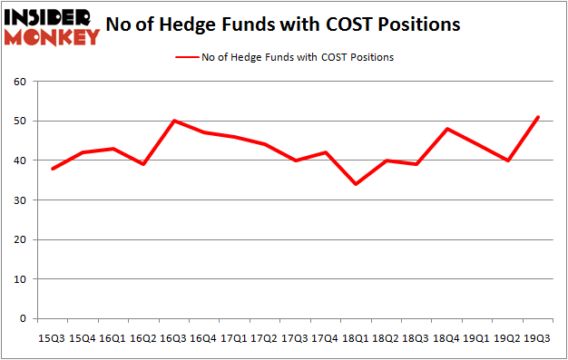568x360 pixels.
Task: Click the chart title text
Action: [x=282, y=24]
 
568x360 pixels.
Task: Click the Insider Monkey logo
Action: [x=52, y=25]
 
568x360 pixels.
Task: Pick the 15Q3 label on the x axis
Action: [x=51, y=338]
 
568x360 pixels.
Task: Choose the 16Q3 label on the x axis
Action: [x=172, y=338]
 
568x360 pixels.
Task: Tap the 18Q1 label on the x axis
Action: [x=356, y=338]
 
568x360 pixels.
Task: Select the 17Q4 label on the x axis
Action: [x=325, y=338]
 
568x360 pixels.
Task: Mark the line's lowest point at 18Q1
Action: [x=356, y=184]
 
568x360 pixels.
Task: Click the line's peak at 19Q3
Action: [x=539, y=117]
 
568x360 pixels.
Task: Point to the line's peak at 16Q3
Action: [x=172, y=121]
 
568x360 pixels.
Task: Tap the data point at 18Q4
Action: [x=447, y=129]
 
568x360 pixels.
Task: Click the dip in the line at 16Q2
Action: [x=142, y=164]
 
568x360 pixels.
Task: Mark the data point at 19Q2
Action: [x=508, y=161]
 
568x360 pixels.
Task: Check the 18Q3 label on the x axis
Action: [x=416, y=338]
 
